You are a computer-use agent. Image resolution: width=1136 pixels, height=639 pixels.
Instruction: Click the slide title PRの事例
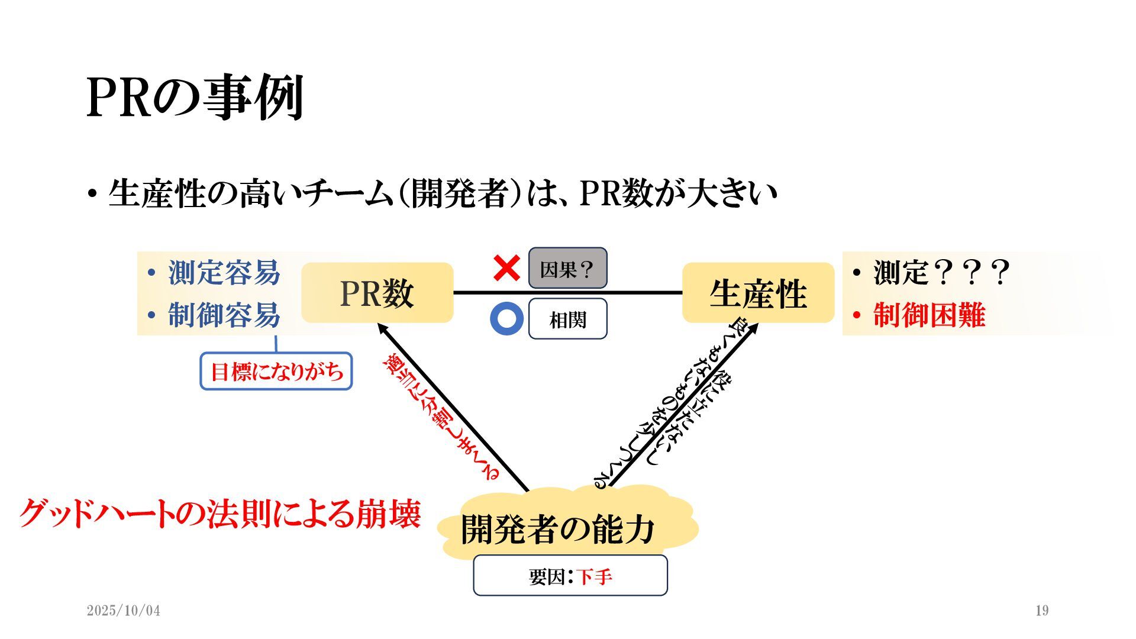pyautogui.click(x=195, y=98)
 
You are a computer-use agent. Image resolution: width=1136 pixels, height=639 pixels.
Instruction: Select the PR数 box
pyautogui.click(x=377, y=293)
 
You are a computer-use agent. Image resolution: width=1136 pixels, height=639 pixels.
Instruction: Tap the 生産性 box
pyautogui.click(x=758, y=293)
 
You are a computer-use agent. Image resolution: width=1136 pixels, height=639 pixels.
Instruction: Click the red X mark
pyautogui.click(x=506, y=268)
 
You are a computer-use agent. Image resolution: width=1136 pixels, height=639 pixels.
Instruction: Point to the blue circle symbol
pyautogui.click(x=506, y=319)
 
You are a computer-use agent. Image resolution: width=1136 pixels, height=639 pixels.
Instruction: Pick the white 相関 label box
pyautogui.click(x=567, y=319)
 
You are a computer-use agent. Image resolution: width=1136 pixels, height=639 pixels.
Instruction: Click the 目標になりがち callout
pyautogui.click(x=276, y=372)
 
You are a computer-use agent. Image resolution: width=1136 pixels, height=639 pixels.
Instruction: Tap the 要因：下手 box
pyautogui.click(x=570, y=575)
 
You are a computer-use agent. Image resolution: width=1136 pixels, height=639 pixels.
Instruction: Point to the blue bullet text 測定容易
pyautogui.click(x=224, y=273)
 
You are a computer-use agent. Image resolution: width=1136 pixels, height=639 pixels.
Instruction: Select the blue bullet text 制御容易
pyautogui.click(x=224, y=315)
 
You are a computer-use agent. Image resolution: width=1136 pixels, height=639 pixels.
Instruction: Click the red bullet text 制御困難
pyautogui.click(x=929, y=315)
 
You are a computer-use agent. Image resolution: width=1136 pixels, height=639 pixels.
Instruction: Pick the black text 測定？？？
pyautogui.click(x=941, y=273)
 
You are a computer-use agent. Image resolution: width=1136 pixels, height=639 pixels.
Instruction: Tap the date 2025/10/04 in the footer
pyautogui.click(x=123, y=611)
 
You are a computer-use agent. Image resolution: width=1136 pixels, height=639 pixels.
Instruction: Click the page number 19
pyautogui.click(x=1042, y=611)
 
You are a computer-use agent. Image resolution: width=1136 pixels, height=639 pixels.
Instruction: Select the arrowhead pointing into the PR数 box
pyautogui.click(x=383, y=328)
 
